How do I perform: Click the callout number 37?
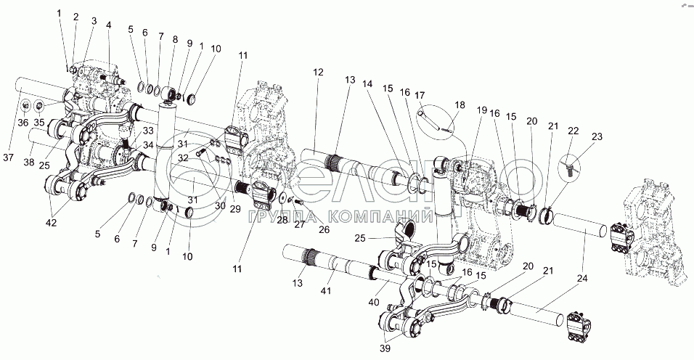9,158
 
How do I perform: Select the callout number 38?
29,163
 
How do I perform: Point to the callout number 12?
318,72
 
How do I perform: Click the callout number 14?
368,83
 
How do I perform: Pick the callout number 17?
420,95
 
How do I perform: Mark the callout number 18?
460,105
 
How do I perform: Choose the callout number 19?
482,110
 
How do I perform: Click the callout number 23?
597,136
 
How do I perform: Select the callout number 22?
573,131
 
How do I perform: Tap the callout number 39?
385,348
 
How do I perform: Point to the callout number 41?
325,290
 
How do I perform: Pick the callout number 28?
282,220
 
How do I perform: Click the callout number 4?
108,25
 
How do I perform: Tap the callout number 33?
148,131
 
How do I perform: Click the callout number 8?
175,40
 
